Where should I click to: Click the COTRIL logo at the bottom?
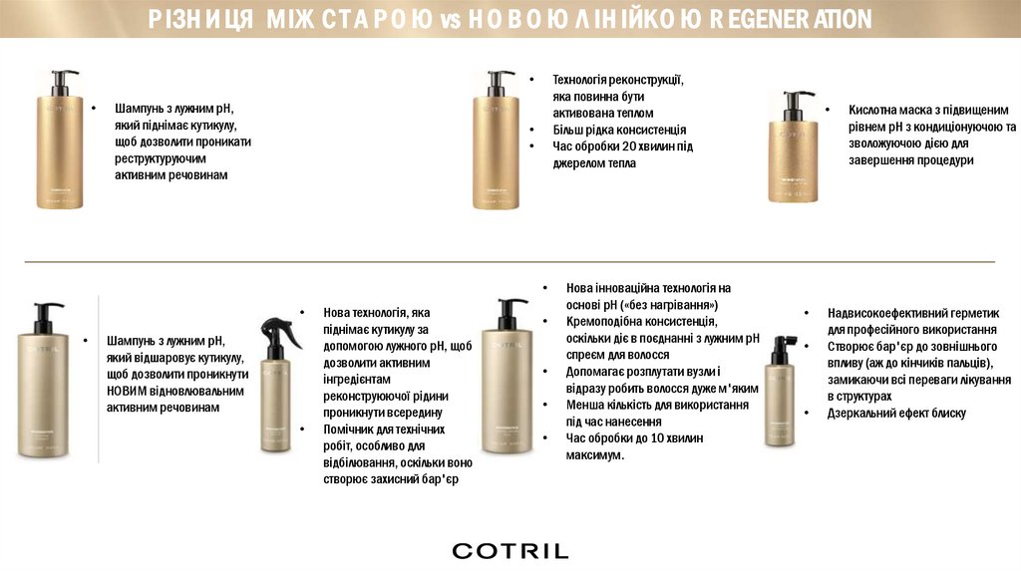(x=510, y=551)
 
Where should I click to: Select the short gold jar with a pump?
(x=793, y=147)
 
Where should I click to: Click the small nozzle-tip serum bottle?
(x=780, y=391)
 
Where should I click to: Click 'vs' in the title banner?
(x=450, y=20)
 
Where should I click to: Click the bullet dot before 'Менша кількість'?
(x=545, y=405)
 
